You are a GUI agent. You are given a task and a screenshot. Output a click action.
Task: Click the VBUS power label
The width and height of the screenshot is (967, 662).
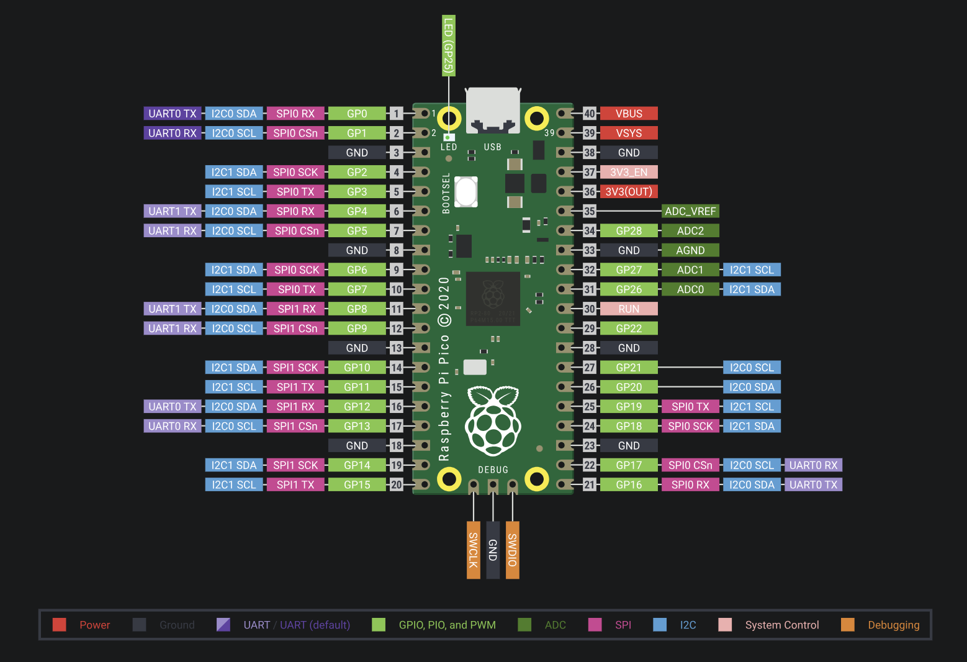[x=629, y=114]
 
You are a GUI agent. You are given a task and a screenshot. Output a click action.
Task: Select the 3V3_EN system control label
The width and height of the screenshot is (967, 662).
[x=629, y=172]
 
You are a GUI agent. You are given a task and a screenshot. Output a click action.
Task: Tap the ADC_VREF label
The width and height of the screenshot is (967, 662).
[x=690, y=211]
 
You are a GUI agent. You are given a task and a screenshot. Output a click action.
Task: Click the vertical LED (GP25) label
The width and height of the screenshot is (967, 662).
[x=448, y=46]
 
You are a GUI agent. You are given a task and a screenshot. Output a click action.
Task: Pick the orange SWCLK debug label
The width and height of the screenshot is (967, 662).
[x=473, y=550]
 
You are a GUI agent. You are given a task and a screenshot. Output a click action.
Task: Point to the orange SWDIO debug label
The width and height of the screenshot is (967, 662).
[x=512, y=550]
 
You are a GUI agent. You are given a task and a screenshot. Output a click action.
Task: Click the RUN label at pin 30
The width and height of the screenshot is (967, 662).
[x=629, y=309]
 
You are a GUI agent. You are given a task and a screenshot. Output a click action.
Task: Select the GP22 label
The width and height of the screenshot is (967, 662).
[x=629, y=329]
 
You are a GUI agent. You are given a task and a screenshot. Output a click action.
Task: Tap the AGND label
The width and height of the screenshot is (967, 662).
[x=690, y=250]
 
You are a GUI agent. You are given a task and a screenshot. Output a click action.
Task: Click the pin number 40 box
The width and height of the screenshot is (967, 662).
[x=589, y=114]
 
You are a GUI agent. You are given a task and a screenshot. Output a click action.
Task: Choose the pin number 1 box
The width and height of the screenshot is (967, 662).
[x=396, y=114]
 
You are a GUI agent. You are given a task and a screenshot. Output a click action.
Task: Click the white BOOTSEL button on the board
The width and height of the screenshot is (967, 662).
[x=466, y=191]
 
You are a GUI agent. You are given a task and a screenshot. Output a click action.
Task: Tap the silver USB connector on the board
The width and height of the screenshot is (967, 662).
[x=493, y=110]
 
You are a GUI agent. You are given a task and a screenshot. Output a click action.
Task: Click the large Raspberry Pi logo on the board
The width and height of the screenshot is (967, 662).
[x=493, y=420]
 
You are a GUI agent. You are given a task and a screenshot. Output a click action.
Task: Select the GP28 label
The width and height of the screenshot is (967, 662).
[x=629, y=231]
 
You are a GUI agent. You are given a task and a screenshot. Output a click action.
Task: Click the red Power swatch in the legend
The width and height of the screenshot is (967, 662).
[x=60, y=625]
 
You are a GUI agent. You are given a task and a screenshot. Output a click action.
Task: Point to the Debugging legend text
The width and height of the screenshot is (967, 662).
[x=893, y=625]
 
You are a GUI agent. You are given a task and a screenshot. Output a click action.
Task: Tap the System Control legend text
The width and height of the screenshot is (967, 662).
[x=781, y=625]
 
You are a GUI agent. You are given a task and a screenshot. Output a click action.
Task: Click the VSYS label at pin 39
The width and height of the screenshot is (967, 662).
[x=629, y=133]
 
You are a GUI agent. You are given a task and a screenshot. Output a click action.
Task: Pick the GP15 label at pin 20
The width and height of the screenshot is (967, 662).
[x=357, y=484]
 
